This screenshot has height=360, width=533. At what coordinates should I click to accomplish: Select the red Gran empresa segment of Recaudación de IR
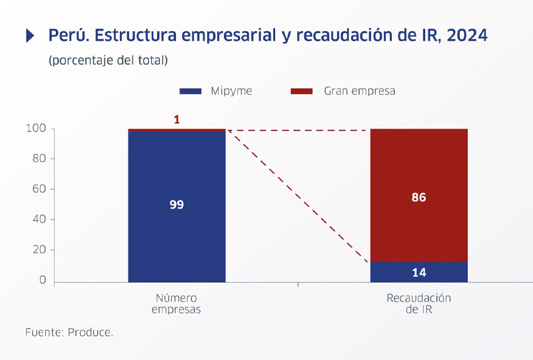pyautogui.click(x=418, y=167)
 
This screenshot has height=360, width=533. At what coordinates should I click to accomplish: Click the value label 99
pyautogui.click(x=177, y=205)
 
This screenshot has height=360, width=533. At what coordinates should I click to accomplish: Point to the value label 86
pyautogui.click(x=418, y=197)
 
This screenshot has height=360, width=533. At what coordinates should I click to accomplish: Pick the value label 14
pyautogui.click(x=418, y=272)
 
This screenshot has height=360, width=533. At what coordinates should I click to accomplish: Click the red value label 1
pyautogui.click(x=177, y=120)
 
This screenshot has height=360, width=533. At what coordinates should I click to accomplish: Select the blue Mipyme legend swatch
pyautogui.click(x=190, y=91)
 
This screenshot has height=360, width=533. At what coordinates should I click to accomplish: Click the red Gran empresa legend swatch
pyautogui.click(x=302, y=91)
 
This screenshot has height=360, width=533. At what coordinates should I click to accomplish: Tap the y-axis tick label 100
pyautogui.click(x=37, y=129)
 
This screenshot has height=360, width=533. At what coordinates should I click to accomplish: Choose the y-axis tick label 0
pyautogui.click(x=43, y=280)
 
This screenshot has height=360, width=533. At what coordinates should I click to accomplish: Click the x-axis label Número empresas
pyautogui.click(x=176, y=303)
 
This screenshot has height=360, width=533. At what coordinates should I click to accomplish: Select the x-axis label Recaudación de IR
pyautogui.click(x=418, y=303)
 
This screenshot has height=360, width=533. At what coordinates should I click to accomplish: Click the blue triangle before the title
pyautogui.click(x=30, y=36)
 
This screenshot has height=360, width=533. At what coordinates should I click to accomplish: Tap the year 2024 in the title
pyautogui.click(x=467, y=35)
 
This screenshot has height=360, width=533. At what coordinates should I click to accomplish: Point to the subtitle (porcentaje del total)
pyautogui.click(x=108, y=60)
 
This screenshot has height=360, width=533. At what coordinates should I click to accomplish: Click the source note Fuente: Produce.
pyautogui.click(x=69, y=331)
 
